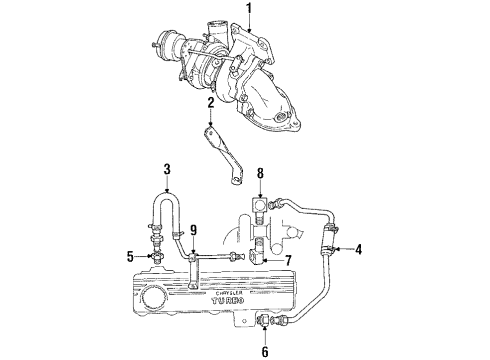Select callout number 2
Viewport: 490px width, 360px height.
pos(211,102)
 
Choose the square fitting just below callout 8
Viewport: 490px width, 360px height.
pos(260,206)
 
